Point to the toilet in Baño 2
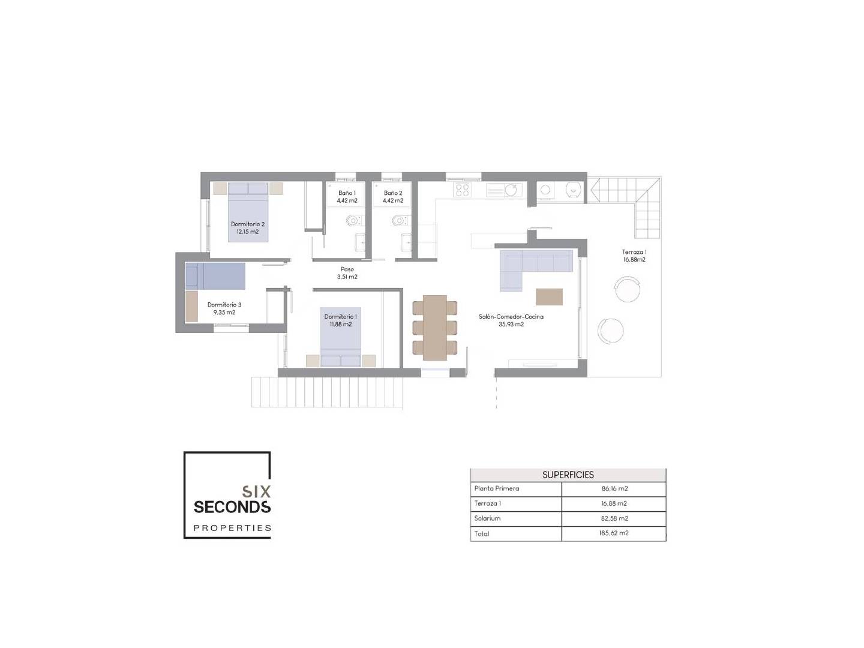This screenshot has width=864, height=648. tap(398, 220)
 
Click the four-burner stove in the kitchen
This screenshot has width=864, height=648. tap(462, 190)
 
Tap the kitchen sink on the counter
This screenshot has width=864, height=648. tap(504, 190)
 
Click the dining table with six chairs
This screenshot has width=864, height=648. tap(434, 328)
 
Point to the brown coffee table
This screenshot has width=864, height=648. tap(549, 296)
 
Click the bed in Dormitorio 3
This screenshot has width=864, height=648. tap(215, 276)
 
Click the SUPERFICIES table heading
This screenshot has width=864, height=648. tap(568, 475)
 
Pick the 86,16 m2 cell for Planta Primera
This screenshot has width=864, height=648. tap(614, 488)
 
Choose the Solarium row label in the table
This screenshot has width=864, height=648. tap(487, 518)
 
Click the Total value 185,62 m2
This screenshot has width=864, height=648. tap(614, 533)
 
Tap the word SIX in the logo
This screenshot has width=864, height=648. tap(257, 491)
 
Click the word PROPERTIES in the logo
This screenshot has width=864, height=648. tap(232, 528)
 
